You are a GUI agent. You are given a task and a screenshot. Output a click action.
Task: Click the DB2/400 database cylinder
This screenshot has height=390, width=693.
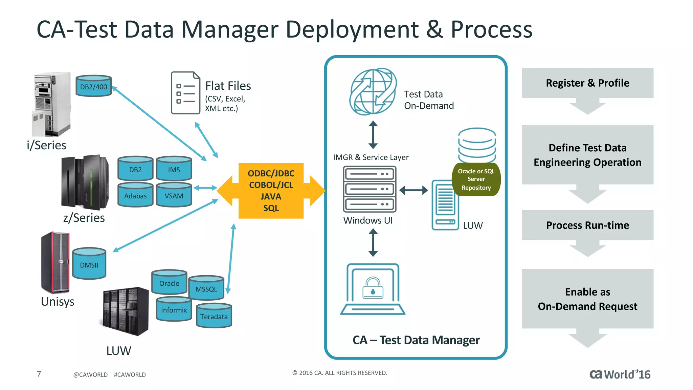pyautogui.click(x=93, y=86)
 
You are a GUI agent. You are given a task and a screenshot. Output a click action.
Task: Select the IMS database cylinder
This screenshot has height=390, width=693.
pyautogui.click(x=174, y=169)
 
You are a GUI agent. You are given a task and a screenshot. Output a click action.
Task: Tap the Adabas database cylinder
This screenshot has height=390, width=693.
pyautogui.click(x=135, y=195)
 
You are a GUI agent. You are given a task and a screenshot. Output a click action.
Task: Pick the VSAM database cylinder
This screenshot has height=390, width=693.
pyautogui.click(x=174, y=195)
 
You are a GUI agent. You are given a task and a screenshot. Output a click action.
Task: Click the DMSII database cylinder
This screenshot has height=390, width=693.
pyautogui.click(x=89, y=264)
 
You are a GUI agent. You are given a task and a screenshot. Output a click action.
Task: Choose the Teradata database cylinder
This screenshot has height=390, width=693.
pyautogui.click(x=214, y=316)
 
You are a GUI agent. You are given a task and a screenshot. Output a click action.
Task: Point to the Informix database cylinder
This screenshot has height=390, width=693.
pyautogui.click(x=174, y=309)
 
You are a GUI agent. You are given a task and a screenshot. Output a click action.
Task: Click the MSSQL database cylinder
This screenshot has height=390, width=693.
pyautogui.click(x=206, y=289)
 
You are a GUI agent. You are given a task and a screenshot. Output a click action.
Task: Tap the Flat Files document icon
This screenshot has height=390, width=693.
pyautogui.click(x=185, y=93)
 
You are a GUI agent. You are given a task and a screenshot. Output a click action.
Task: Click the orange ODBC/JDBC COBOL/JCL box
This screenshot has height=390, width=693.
pyautogui.click(x=271, y=191)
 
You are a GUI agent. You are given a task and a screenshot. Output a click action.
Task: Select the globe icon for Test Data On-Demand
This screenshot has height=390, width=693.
pyautogui.click(x=373, y=92)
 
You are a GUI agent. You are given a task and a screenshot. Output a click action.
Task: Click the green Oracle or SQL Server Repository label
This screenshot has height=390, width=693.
pyautogui.click(x=476, y=179)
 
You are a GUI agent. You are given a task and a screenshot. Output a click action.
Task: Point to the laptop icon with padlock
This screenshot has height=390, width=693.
pyautogui.click(x=373, y=289)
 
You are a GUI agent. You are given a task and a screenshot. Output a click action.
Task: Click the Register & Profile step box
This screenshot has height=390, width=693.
pyautogui.click(x=587, y=83)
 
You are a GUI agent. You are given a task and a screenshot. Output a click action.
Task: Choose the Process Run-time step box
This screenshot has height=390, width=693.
pyautogui.click(x=587, y=225)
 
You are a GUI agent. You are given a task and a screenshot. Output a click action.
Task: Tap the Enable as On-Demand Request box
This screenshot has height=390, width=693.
pyautogui.click(x=587, y=299)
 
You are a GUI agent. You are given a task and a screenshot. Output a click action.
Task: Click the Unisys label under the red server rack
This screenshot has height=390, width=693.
pyautogui.click(x=58, y=301)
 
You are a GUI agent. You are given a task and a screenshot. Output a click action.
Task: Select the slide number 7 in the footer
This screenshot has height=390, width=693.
pyautogui.click(x=39, y=374)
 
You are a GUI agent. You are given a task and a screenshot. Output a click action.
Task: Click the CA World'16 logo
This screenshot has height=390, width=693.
pyautogui.click(x=620, y=374)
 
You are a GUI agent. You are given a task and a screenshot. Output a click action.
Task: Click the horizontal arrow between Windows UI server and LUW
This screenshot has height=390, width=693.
pyautogui.click(x=413, y=190)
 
